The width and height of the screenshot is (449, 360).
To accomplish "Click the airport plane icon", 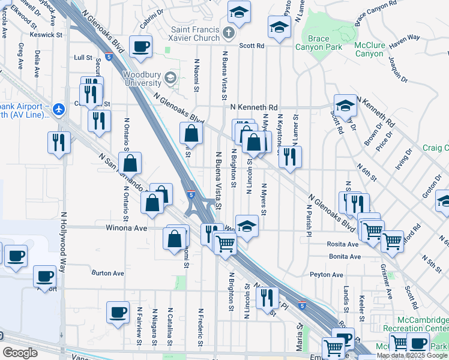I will (x=58, y=109).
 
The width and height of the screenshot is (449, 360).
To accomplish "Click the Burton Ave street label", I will (x=107, y=273).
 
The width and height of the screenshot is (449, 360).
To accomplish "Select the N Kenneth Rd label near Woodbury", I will (x=254, y=106).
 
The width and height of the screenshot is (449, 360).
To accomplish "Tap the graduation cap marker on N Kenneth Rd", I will (x=345, y=106).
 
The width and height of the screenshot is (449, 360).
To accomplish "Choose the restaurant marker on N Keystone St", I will (x=290, y=157).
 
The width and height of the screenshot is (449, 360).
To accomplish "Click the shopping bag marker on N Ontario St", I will (x=130, y=163).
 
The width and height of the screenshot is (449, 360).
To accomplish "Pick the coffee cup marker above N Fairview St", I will (x=118, y=312).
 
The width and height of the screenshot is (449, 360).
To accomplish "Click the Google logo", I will (x=20, y=353).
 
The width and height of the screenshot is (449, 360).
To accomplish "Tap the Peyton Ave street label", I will (x=327, y=274).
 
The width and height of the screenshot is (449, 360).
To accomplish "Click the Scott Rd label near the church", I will (x=252, y=46).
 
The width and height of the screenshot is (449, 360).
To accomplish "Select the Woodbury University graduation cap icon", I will (x=170, y=77).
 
